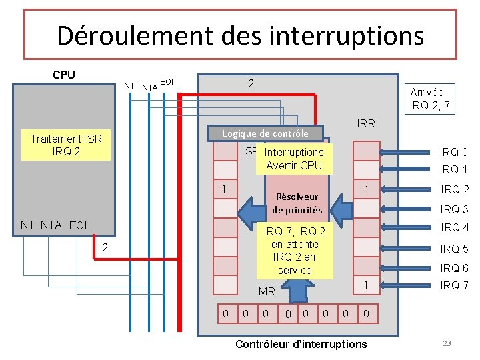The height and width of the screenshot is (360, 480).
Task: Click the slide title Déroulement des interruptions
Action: pyautogui.click(x=240, y=35)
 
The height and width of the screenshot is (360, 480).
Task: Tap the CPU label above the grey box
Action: pyautogui.click(x=64, y=75)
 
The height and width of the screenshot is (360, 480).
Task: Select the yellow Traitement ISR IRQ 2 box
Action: pyautogui.click(x=66, y=145)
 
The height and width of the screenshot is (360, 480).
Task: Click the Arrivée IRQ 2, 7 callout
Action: pyautogui.click(x=429, y=98)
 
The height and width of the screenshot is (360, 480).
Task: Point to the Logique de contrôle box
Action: pyautogui.click(x=265, y=133)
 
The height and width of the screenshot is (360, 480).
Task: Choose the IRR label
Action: pyautogui.click(x=366, y=123)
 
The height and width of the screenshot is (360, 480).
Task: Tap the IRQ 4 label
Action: pyautogui.click(x=455, y=228)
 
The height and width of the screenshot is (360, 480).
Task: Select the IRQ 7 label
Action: pyautogui.click(x=455, y=286)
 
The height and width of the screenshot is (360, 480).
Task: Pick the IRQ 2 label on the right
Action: pyautogui.click(x=455, y=189)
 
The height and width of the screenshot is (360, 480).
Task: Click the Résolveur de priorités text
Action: pyautogui.click(x=297, y=203)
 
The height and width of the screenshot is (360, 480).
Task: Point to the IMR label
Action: pyautogui.click(x=265, y=291)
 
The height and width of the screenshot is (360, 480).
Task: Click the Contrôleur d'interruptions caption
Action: pyautogui.click(x=301, y=344)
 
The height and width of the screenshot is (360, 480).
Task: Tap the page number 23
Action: pyautogui.click(x=447, y=343)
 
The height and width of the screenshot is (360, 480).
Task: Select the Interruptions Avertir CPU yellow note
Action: pyautogui.click(x=293, y=159)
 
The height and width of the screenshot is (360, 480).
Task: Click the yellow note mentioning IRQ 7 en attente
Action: pyautogui.click(x=294, y=251)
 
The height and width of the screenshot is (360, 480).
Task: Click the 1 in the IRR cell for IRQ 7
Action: pyautogui.click(x=365, y=285)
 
